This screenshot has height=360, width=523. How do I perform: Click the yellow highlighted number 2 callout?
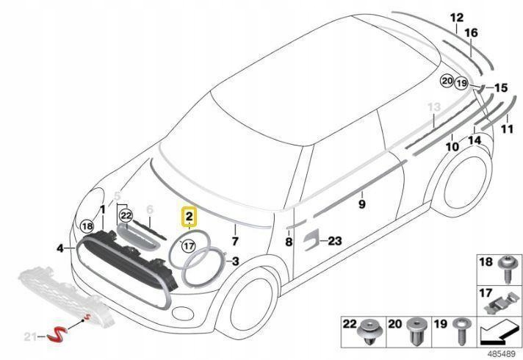[x=189, y=217]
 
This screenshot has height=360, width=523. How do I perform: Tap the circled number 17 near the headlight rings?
[x=189, y=246]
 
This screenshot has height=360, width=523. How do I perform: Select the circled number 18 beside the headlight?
[x=87, y=226]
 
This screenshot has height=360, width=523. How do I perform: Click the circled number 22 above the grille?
[x=126, y=215]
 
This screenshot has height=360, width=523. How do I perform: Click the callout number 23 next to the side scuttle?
[x=335, y=240]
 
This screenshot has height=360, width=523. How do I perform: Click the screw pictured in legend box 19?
[x=462, y=331]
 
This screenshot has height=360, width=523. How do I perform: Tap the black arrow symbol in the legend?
[x=499, y=331]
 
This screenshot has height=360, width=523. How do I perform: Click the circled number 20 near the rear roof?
[x=447, y=81]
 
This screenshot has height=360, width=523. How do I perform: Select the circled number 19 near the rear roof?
[x=461, y=83]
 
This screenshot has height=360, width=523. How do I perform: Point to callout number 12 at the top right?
[x=457, y=18]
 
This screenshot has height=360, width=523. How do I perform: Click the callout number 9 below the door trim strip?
[x=362, y=204]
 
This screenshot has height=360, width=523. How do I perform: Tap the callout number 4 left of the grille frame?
[x=60, y=248]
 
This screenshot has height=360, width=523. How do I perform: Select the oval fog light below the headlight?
[x=182, y=313]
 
